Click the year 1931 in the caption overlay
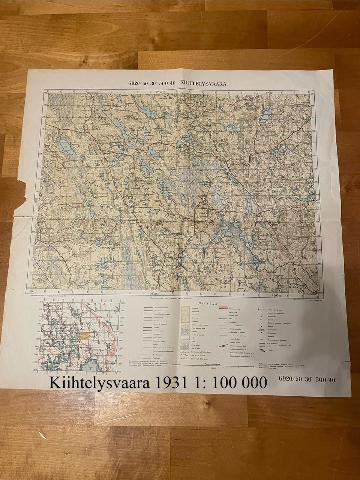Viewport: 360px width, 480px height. point(176,383)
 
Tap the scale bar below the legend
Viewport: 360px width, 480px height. point(214,365)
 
